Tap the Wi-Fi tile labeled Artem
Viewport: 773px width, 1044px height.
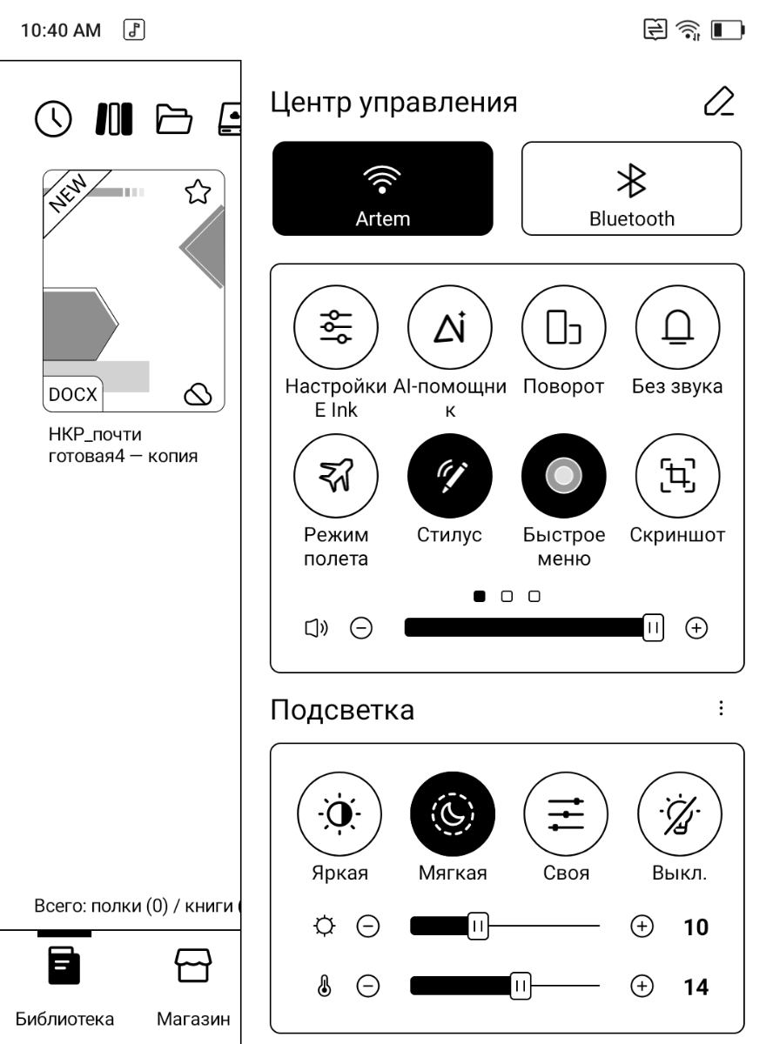coord(382,188)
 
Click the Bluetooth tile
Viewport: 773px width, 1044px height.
coord(631,188)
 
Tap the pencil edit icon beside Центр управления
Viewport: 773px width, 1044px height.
coord(719,101)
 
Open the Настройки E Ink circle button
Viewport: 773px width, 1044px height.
coord(336,327)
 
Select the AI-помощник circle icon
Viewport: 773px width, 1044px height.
coord(450,327)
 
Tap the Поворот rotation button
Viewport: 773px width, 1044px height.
coord(564,327)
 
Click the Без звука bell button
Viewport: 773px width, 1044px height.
coord(678,327)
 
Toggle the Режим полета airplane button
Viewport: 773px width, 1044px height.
coord(336,476)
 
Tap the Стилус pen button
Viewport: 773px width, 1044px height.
coord(450,476)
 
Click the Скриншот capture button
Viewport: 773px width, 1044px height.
coord(678,476)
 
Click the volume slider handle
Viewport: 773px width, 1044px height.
coord(654,627)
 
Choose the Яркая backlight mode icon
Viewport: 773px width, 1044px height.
coord(339,813)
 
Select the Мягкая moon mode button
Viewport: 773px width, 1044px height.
coord(453,813)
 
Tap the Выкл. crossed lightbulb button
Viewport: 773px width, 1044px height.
coord(680,813)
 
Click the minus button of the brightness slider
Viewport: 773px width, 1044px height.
coord(368,927)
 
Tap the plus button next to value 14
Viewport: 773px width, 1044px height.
coord(642,986)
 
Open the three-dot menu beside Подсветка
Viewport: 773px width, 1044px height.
coord(721,708)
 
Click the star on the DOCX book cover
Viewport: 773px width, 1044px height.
coord(198,191)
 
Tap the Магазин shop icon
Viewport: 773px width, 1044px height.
coord(193,965)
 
